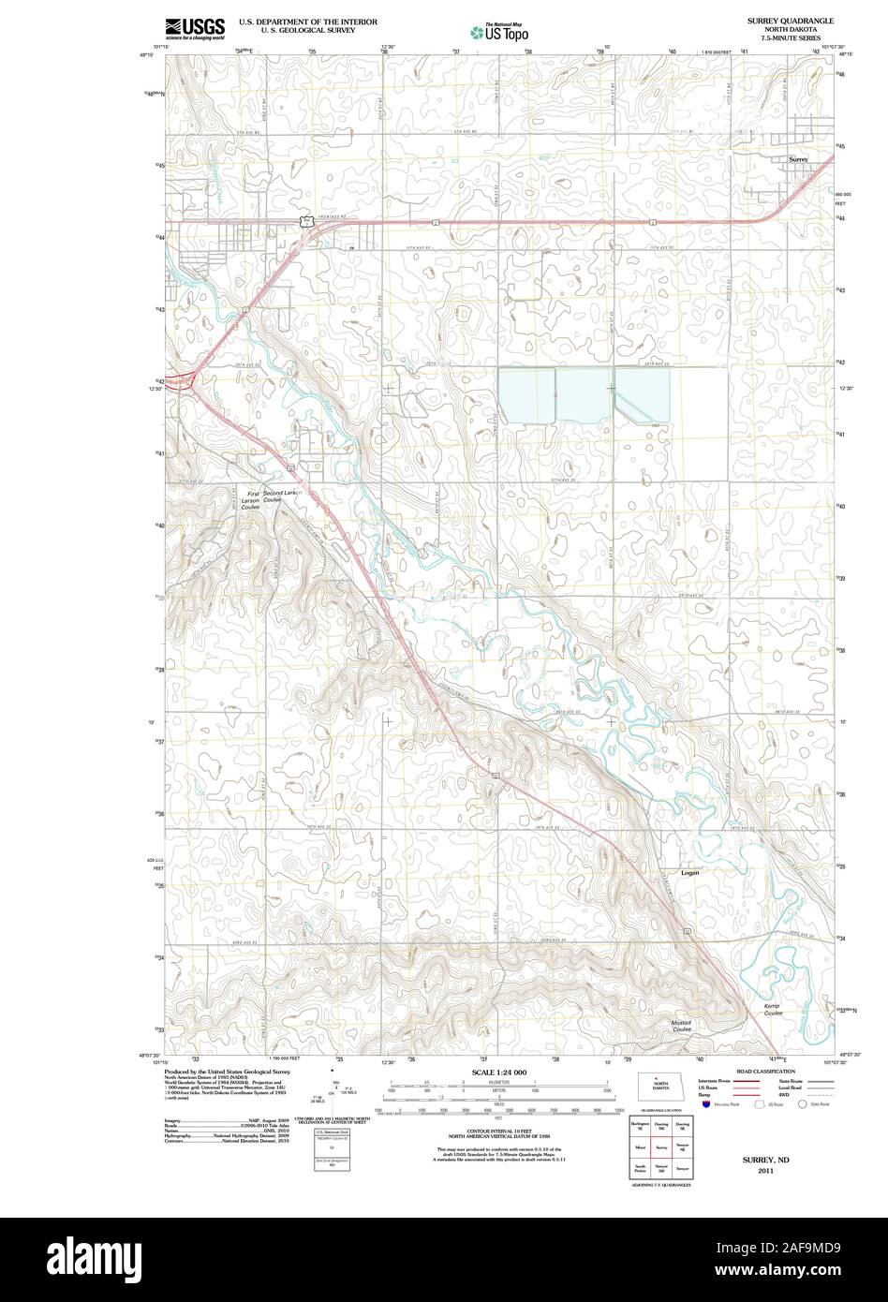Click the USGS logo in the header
194,28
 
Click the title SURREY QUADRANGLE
790,20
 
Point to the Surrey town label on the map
797,160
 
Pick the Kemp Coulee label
771,1010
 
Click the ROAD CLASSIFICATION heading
765,1071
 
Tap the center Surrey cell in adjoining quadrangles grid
660,1146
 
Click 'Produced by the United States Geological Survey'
229,1071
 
